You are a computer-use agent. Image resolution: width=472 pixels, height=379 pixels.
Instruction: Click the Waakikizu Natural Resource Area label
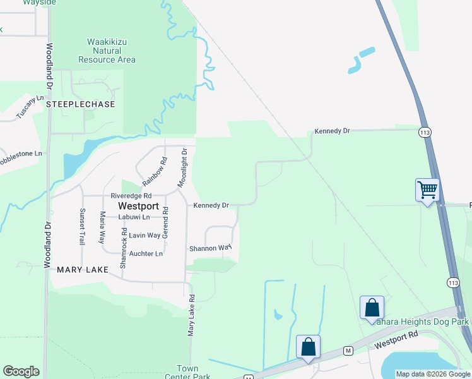click(107, 51)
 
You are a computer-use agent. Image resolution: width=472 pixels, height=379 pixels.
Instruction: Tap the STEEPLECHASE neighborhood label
click(84, 104)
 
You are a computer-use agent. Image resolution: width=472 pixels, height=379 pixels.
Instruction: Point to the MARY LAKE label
click(83, 269)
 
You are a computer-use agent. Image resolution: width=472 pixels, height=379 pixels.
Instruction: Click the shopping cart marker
click(427, 190)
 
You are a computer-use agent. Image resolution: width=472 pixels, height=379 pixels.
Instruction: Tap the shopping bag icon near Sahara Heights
click(372, 308)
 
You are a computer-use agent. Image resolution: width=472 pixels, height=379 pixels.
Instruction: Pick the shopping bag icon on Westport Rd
click(308, 347)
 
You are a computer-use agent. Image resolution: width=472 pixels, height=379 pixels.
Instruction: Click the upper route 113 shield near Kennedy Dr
click(424, 132)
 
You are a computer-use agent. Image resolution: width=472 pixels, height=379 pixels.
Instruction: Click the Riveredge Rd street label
click(132, 196)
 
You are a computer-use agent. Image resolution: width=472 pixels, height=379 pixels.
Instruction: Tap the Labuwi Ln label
click(134, 217)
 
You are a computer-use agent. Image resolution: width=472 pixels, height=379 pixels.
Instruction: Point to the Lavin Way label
click(144, 235)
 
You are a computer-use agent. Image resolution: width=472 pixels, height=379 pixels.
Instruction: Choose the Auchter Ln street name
click(146, 253)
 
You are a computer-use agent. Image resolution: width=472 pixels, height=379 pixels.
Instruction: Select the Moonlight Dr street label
click(182, 169)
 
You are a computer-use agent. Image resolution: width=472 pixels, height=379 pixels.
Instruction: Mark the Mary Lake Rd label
click(191, 315)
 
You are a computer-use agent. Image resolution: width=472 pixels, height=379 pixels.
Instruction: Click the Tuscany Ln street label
click(30, 107)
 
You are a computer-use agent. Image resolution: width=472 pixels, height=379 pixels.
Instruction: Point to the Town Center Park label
click(187, 372)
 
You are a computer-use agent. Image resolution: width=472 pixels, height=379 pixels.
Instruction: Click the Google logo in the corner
click(21, 371)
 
